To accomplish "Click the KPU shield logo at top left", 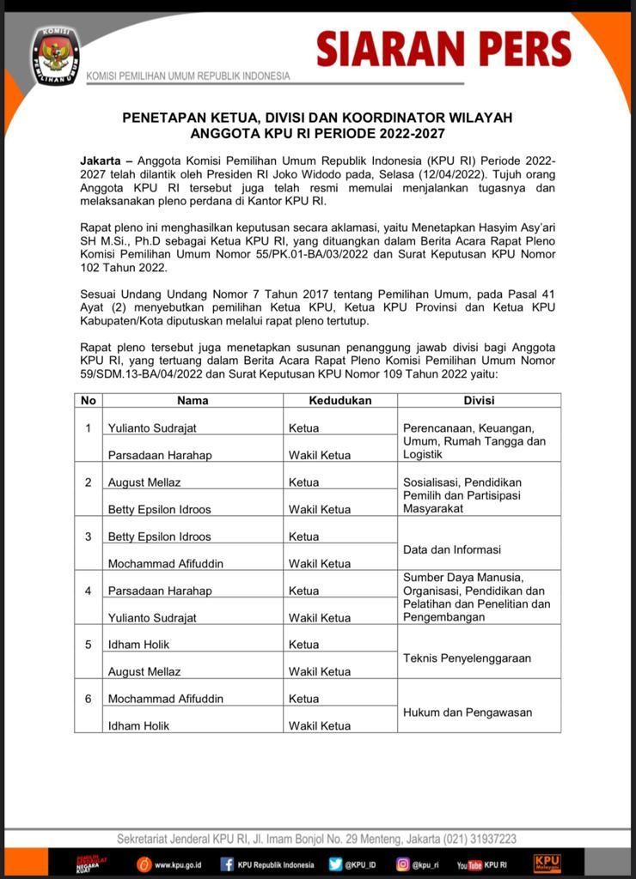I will [55, 55].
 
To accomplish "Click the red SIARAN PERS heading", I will [443, 49].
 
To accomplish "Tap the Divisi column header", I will [479, 400].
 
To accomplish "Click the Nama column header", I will [193, 400].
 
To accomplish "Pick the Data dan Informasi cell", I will [452, 549].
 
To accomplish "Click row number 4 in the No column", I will [88, 591].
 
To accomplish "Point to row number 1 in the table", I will [88, 427].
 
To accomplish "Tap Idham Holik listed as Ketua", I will [138, 645].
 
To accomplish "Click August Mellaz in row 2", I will [144, 482].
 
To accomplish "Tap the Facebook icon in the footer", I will [227, 864].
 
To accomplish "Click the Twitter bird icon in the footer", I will [335, 864].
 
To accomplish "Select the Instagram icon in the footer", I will [402, 864].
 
